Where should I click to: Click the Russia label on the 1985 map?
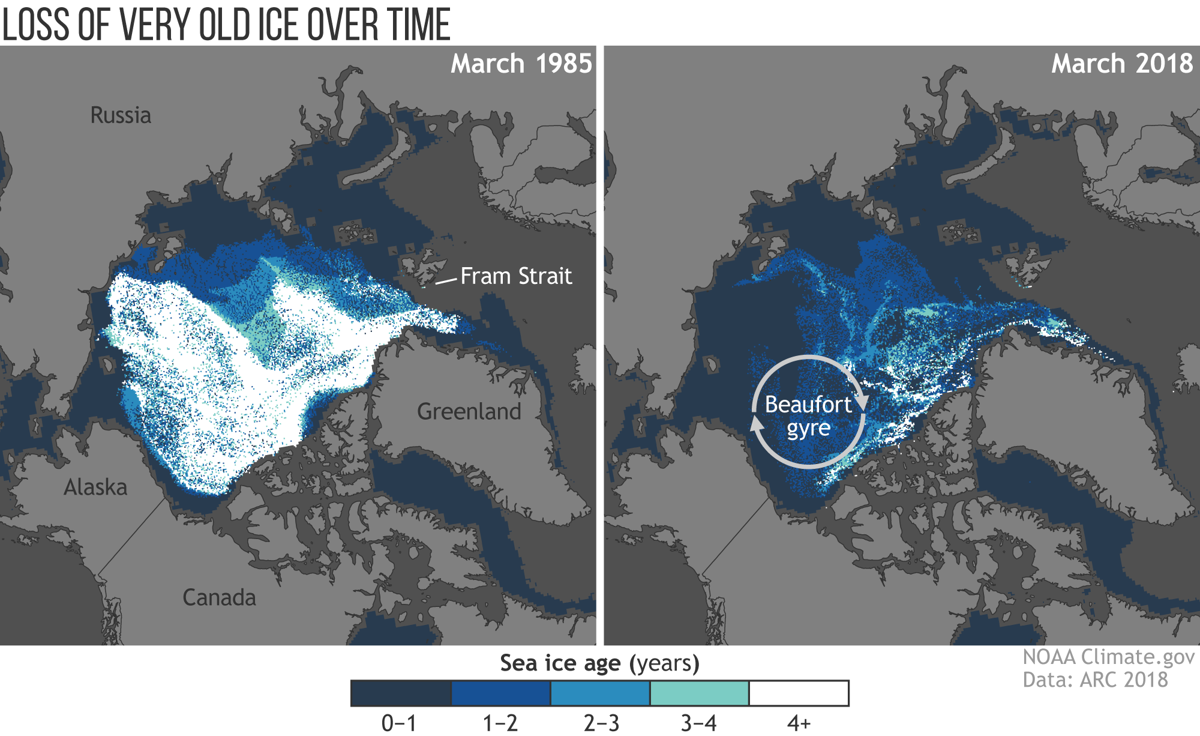pos(121,115)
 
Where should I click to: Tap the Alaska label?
pos(95,487)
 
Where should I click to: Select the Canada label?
pos(219,598)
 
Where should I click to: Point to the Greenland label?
pos(469,412)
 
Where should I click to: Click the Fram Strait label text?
pos(516,276)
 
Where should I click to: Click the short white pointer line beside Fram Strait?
pos(446,280)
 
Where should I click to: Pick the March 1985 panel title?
pos(521,64)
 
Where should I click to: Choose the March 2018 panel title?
pos(1121,64)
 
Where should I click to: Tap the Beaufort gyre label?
pos(808,416)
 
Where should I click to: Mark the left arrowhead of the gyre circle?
pos(757,425)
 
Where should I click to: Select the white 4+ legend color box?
pos(799,693)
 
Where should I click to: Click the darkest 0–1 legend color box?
pos(400,693)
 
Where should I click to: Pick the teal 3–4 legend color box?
pos(699,693)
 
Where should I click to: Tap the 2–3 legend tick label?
pos(601,723)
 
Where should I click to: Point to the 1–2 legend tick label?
pos(500,723)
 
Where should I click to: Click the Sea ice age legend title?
pos(599,663)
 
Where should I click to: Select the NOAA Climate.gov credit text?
pos(1108,657)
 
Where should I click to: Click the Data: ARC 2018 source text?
pos(1095,680)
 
